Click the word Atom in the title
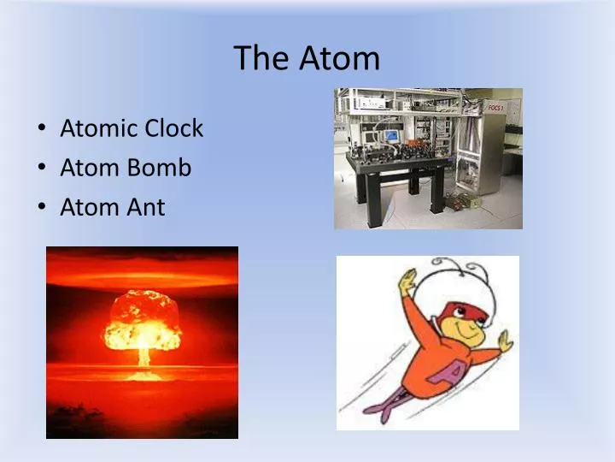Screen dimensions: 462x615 (339, 58)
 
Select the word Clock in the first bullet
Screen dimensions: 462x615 (173, 128)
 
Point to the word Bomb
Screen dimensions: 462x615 (159, 168)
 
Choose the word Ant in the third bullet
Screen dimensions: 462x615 (146, 207)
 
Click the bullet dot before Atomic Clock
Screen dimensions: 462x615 (43, 129)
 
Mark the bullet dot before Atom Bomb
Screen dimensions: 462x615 (43, 169)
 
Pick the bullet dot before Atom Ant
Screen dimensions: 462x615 (43, 208)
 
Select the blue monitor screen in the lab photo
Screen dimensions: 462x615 (391, 135)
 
